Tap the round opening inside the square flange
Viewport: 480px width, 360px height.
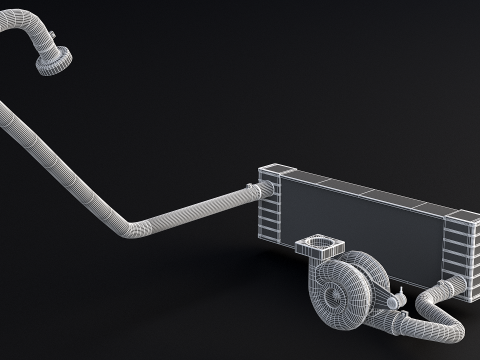(321, 243)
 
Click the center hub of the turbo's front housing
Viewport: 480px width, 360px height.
(325, 293)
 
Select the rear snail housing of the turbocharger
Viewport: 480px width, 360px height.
(368, 272)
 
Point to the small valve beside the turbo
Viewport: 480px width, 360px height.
(397, 296)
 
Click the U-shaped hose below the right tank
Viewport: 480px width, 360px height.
(440, 310)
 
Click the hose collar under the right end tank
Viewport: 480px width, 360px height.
(455, 289)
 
